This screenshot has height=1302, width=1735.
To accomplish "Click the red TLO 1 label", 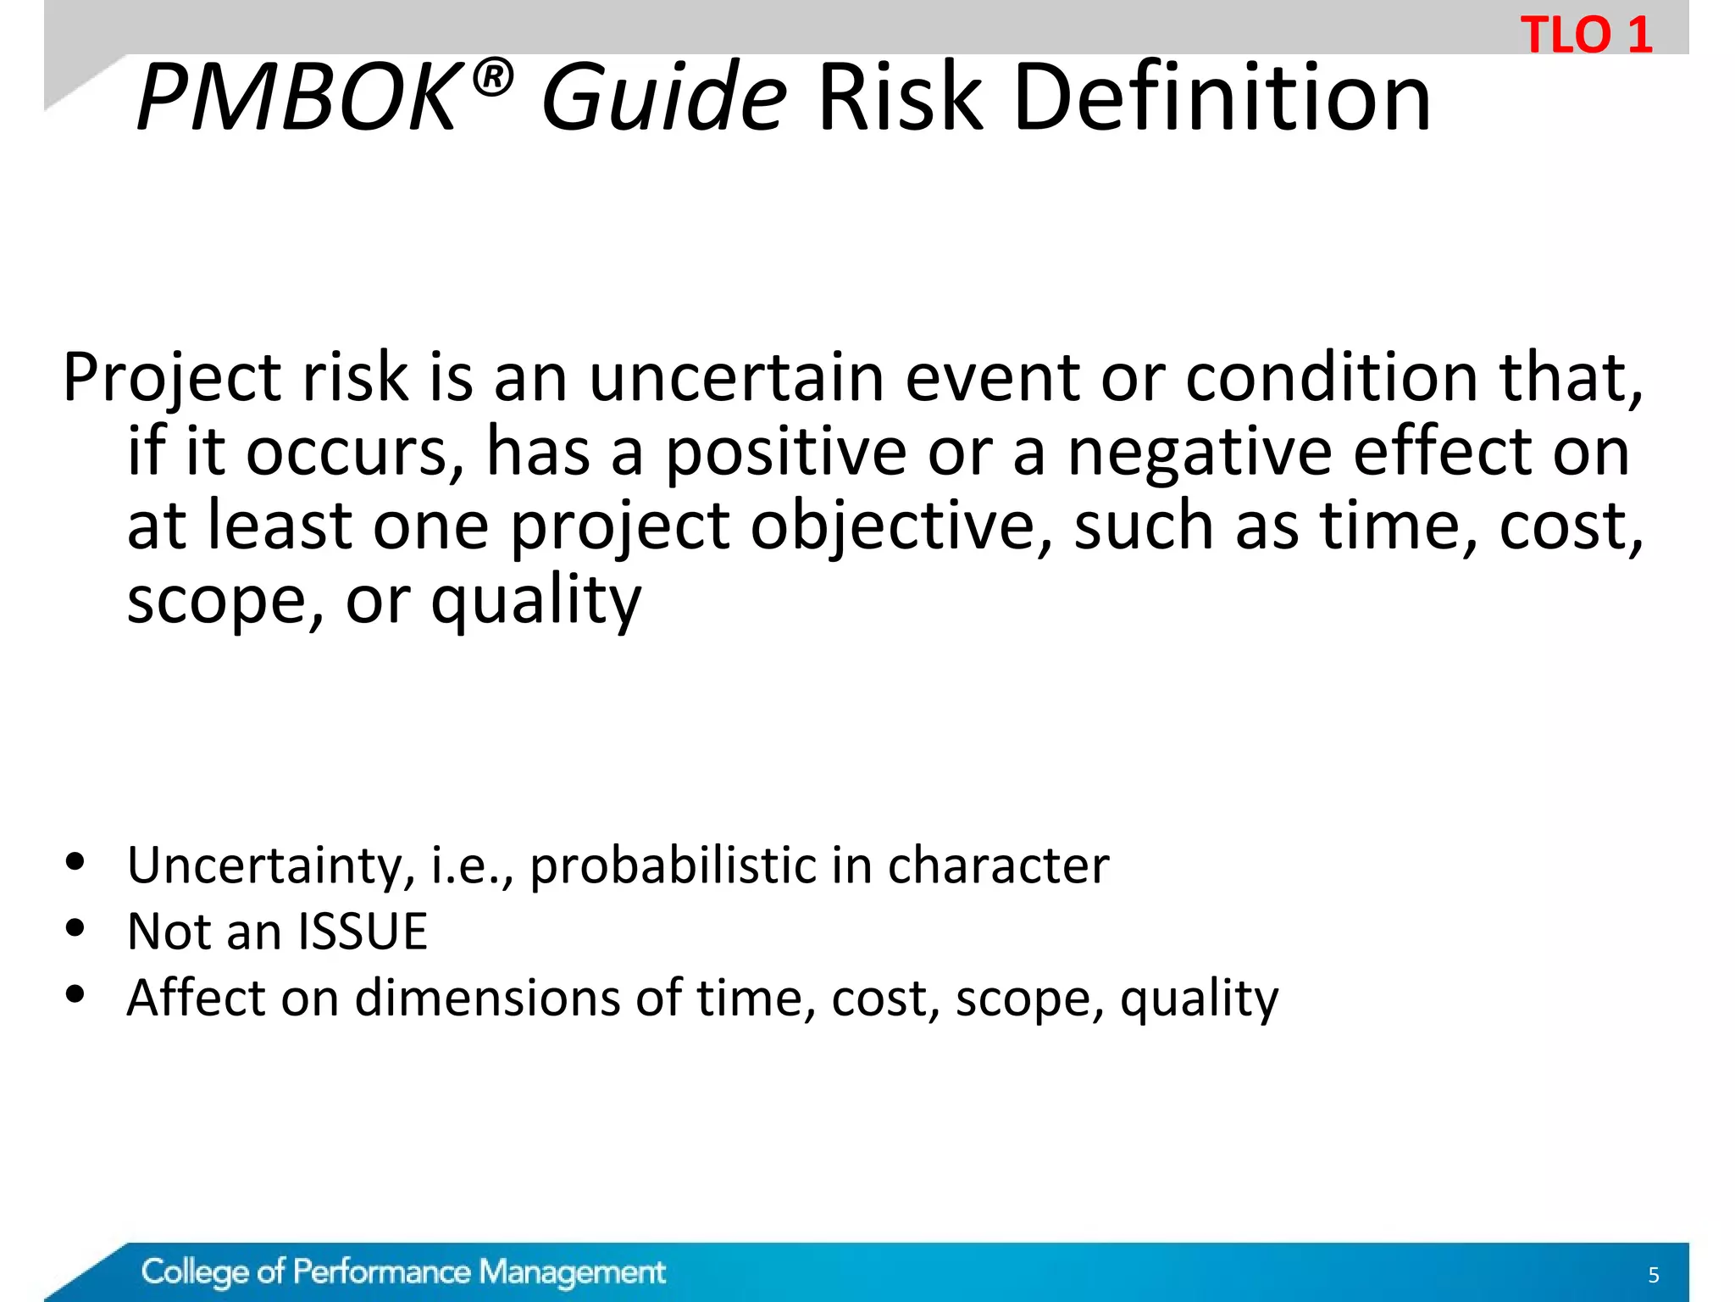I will [x=1586, y=36].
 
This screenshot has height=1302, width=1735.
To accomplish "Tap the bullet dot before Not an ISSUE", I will [x=75, y=928].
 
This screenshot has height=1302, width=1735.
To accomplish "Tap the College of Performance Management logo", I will [x=403, y=1271].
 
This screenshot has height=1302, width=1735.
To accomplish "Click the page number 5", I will [x=1653, y=1275].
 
